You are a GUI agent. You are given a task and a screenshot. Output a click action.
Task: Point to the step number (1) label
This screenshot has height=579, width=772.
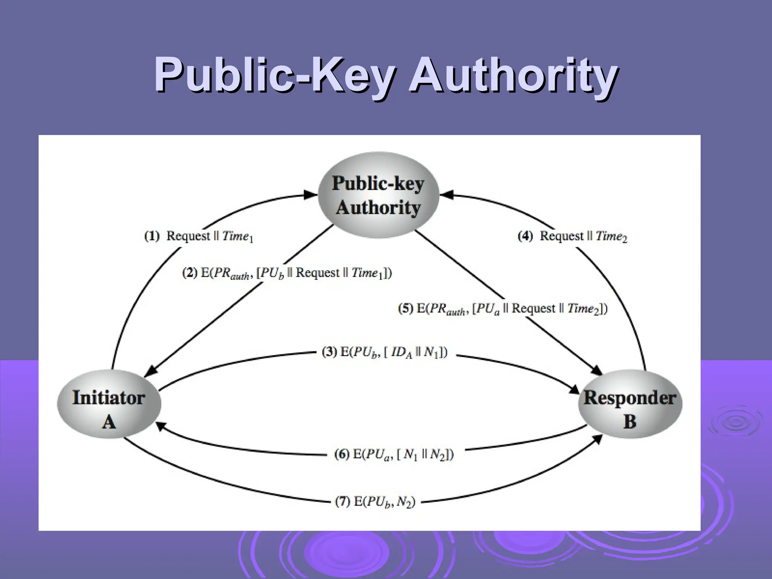coord(152,236)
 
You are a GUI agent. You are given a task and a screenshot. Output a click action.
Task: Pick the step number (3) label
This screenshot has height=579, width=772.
coord(329,352)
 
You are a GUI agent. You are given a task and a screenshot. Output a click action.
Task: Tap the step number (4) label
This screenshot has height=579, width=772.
coord(525,236)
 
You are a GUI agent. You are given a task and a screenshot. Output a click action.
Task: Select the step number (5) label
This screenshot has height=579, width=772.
coord(406,309)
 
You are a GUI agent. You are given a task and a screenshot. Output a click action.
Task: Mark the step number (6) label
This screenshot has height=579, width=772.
coord(342,454)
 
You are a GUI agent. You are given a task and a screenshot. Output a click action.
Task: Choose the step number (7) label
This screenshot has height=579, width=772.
coord(343,502)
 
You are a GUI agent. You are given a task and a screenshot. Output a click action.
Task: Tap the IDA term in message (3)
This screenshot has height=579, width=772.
coord(403,354)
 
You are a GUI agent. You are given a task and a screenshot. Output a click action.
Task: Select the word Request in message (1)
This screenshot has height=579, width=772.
coord(188,236)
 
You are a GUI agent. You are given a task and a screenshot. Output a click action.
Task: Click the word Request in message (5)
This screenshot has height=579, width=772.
coord(533,309)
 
